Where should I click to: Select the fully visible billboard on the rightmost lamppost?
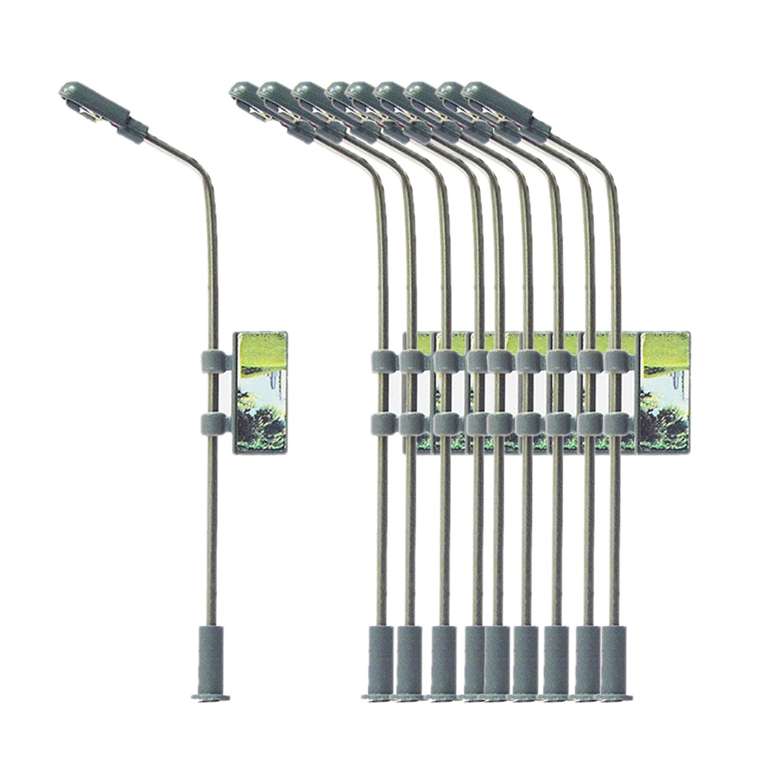tap(664, 392)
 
